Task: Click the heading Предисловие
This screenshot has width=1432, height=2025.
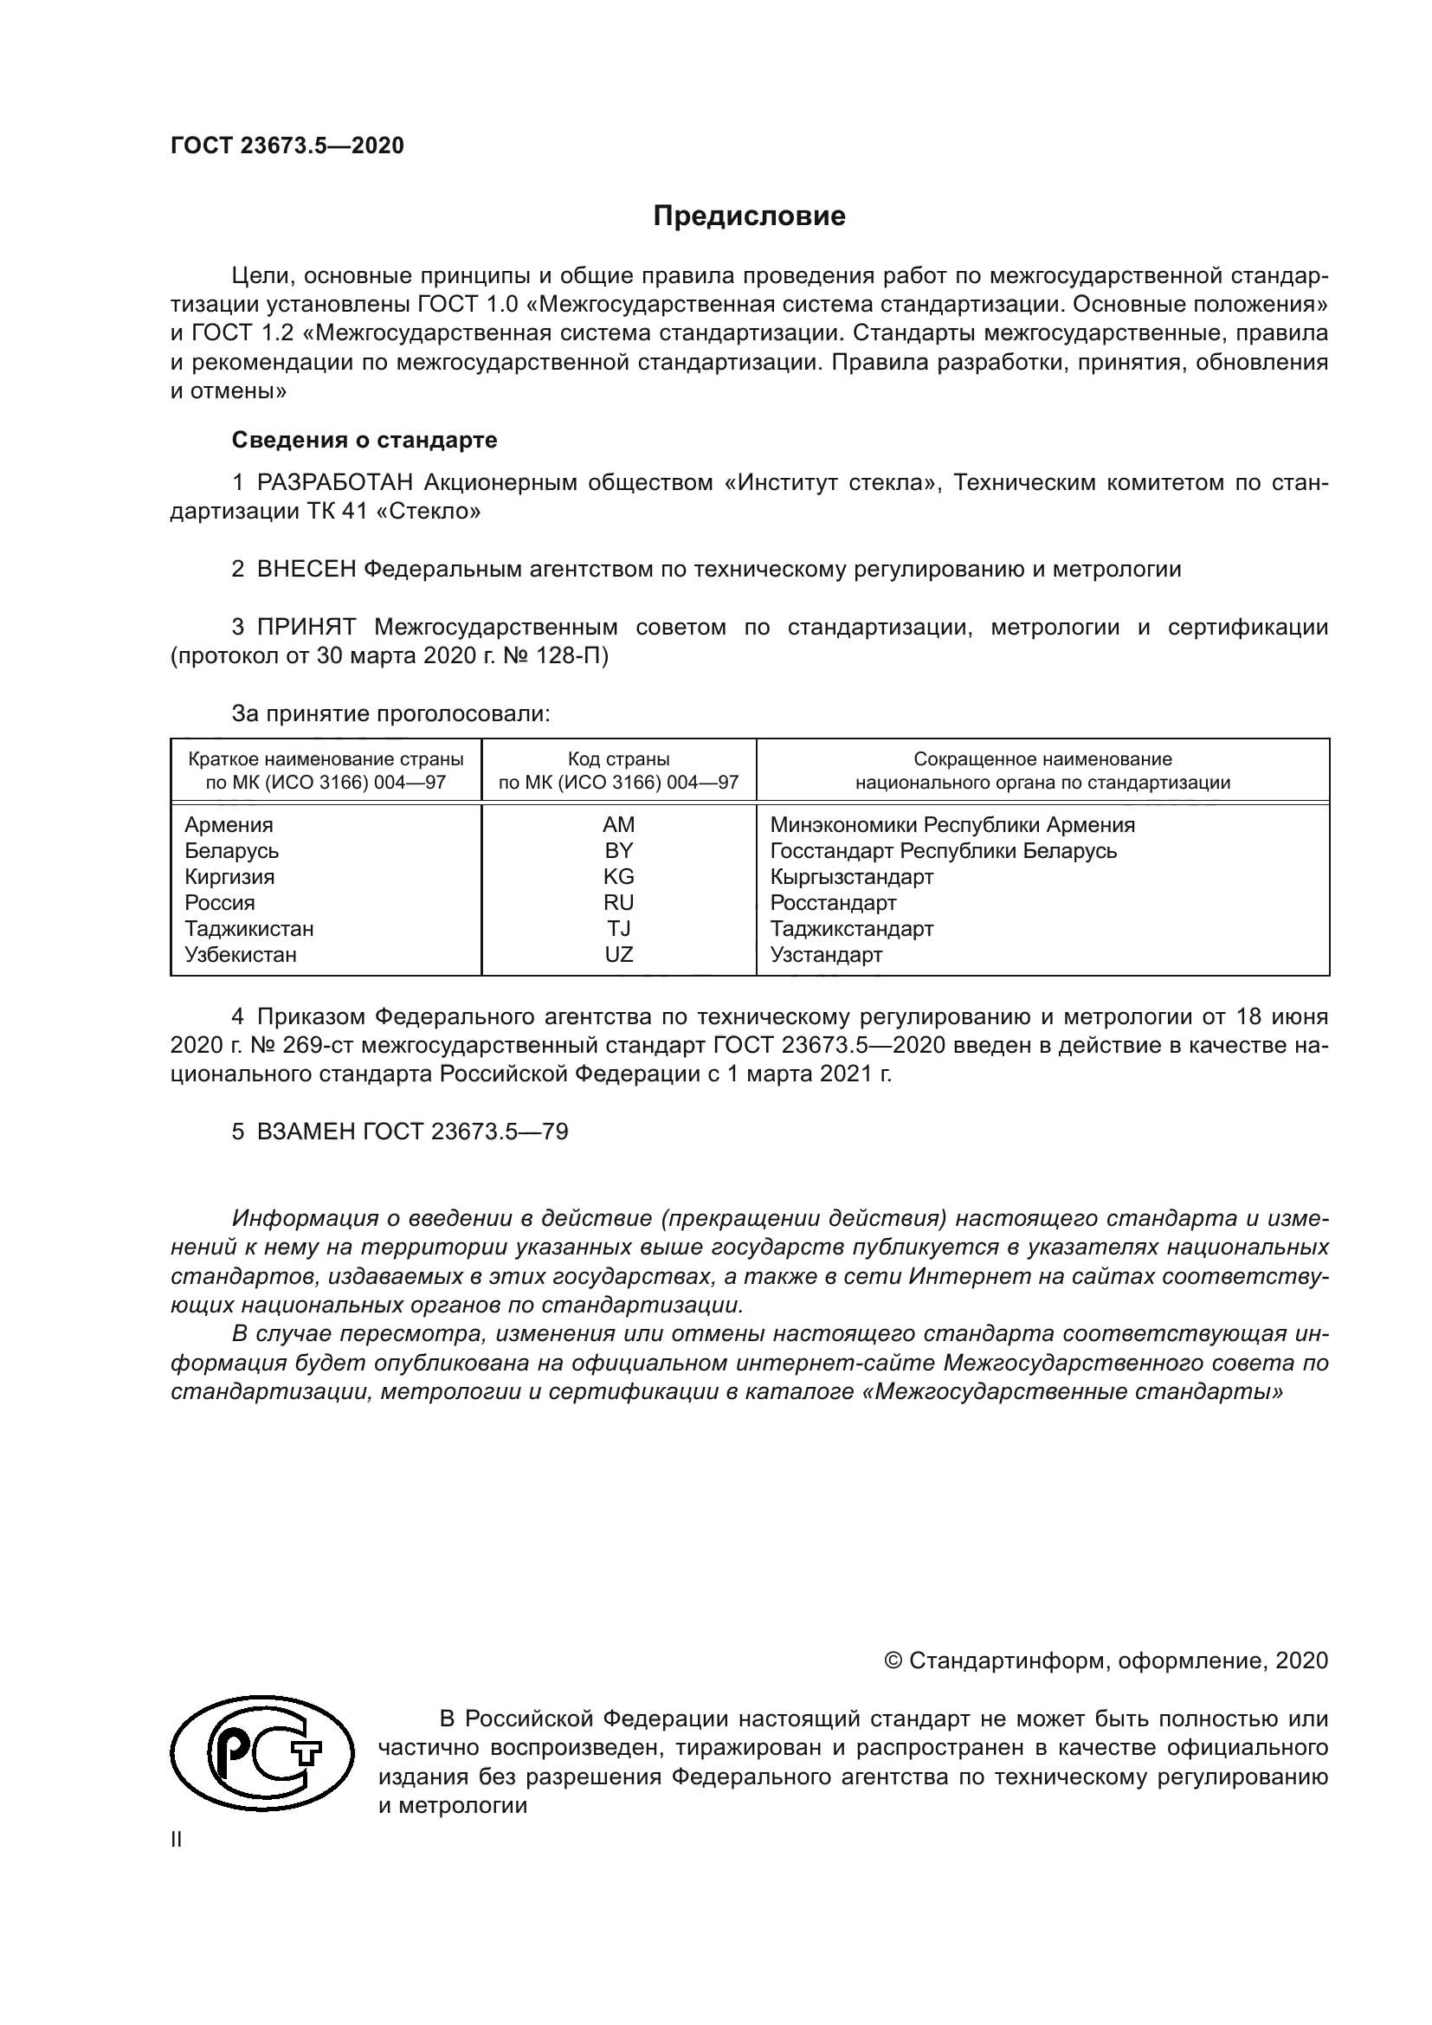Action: [x=749, y=216]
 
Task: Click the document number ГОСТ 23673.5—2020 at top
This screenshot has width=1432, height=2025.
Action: [x=287, y=145]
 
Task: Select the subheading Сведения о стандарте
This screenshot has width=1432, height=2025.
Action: [x=364, y=440]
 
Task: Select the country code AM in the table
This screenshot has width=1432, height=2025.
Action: [x=618, y=825]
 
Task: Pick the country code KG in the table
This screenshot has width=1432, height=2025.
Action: [x=618, y=877]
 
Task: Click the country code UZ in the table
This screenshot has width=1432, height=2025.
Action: [x=618, y=954]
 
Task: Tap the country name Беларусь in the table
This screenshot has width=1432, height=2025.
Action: [x=232, y=851]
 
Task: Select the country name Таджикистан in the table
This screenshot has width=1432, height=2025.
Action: [x=248, y=929]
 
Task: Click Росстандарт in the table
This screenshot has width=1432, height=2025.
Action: [x=833, y=903]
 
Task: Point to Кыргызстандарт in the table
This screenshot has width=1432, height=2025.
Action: [x=852, y=877]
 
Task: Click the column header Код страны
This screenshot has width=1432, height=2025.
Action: [x=618, y=759]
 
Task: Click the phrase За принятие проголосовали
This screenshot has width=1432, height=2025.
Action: [x=390, y=713]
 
